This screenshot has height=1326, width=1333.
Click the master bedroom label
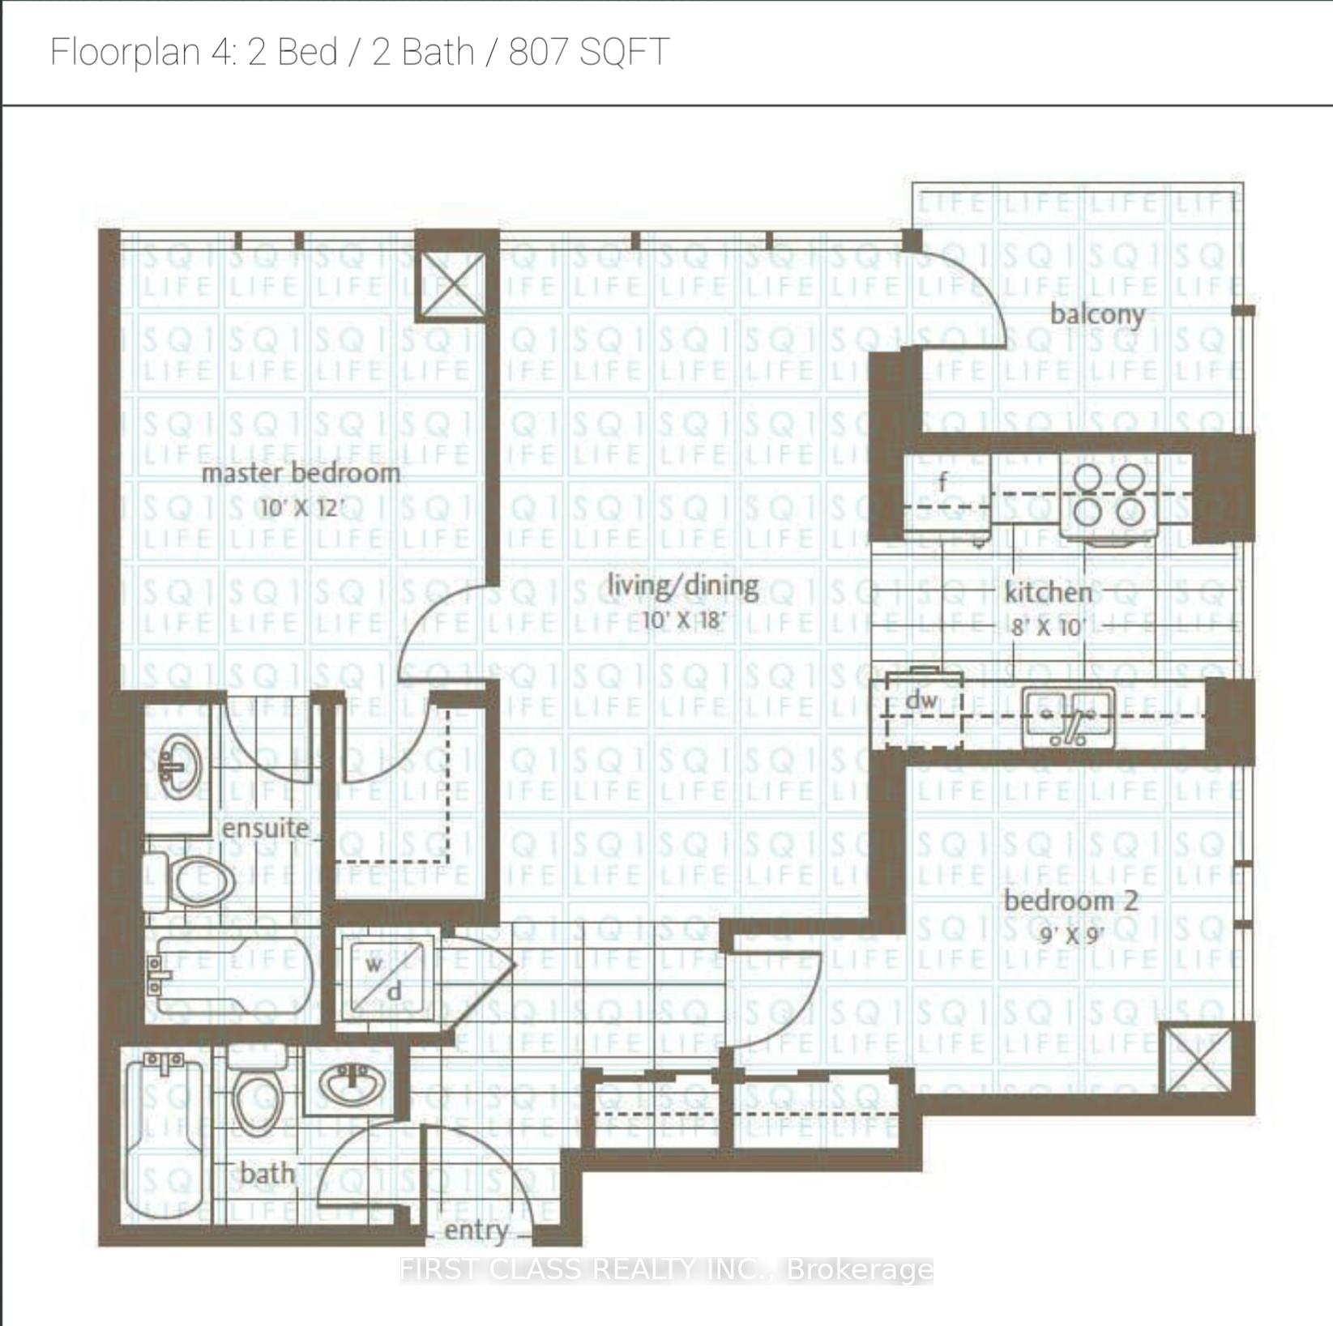[x=301, y=473]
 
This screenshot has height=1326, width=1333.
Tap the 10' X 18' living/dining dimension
[x=682, y=621]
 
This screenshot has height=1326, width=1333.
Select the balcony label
[x=1097, y=314]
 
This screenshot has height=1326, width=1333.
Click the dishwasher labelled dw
[x=922, y=706]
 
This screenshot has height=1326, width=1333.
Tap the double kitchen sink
[x=1067, y=717]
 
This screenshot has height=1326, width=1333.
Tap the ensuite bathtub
[x=230, y=976]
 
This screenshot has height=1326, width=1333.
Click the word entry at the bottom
[x=476, y=1230]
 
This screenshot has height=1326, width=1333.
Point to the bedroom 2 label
[x=1070, y=901]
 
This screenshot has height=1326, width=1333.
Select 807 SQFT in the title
[x=588, y=52]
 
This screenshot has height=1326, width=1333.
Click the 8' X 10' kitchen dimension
[x=1048, y=628]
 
